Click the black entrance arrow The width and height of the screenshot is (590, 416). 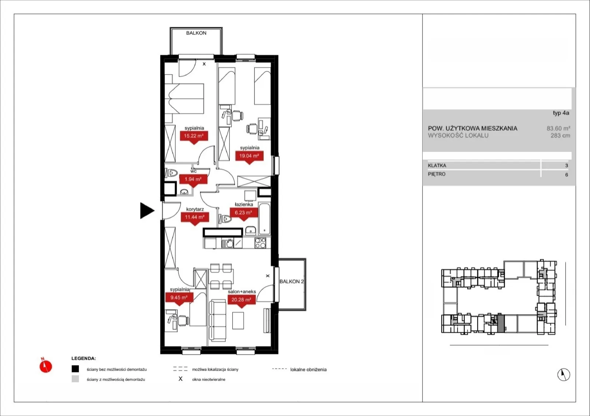coord(146,210)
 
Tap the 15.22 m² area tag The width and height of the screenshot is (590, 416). coord(194,137)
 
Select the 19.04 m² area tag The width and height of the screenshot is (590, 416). coord(249,157)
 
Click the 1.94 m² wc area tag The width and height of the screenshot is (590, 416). coord(193,181)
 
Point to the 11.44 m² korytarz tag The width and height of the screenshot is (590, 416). coord(195,219)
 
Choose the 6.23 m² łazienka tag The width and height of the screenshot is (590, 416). coord(244,214)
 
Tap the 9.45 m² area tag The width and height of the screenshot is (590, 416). coord(179,299)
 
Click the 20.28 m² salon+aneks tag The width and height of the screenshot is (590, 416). coord(241,301)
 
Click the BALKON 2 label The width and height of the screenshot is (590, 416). coord(292,282)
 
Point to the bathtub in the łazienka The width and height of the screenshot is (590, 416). coord(264,219)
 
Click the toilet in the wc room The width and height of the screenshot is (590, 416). coord(171,173)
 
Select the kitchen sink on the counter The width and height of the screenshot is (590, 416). coord(228,244)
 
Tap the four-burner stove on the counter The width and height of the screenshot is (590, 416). coord(260,243)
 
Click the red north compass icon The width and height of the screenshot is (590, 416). coord(46,366)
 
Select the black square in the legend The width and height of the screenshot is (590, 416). coord(75,369)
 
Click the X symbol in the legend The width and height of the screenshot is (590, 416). coord(180,379)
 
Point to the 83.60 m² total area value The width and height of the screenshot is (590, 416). coord(558,128)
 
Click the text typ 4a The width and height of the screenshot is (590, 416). coord(561,113)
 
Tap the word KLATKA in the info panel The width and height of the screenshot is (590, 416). coord(437,165)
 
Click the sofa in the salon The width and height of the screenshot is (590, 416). coord(218,321)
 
